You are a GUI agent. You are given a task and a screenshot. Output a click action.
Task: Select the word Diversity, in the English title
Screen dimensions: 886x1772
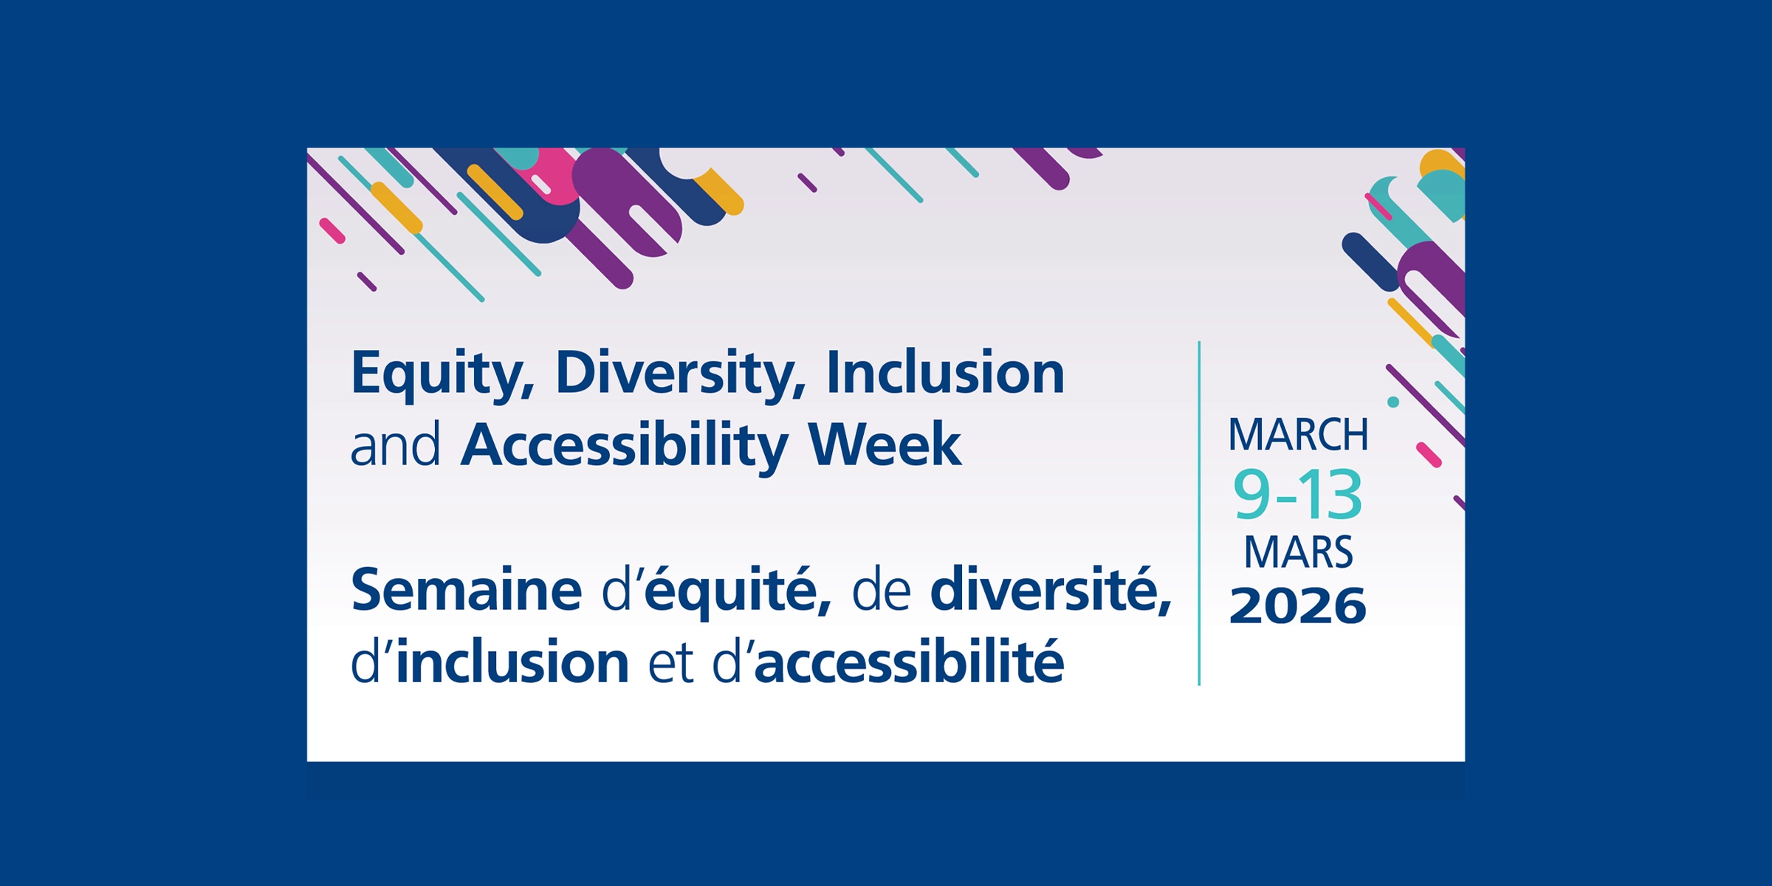click(680, 374)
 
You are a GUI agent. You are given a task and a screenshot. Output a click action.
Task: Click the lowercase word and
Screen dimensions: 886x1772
click(395, 446)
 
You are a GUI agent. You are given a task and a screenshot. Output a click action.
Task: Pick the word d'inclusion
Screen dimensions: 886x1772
click(490, 662)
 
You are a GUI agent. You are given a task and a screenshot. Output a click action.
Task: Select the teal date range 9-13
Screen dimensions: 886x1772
click(1297, 495)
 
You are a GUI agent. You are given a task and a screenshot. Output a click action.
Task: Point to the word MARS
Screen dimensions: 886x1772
click(1298, 552)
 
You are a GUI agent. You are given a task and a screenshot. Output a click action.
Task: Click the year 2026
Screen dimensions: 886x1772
click(1298, 606)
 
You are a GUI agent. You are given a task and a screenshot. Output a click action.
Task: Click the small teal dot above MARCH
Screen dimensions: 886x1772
click(1393, 402)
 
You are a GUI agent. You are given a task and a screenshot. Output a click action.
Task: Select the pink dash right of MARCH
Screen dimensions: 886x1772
click(1429, 456)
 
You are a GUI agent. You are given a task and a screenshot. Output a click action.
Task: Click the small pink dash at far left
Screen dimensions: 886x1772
click(332, 230)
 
